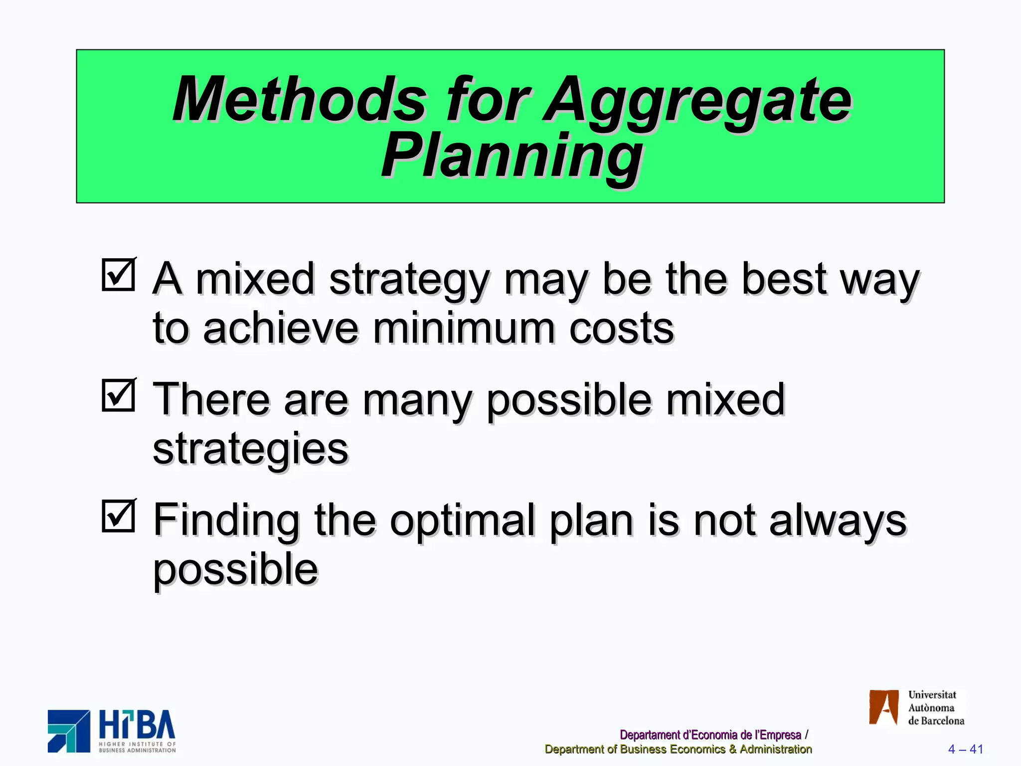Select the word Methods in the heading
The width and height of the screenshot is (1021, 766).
[x=299, y=100]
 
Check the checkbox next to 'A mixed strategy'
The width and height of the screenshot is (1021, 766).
[x=119, y=274]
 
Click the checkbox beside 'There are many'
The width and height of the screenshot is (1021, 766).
[x=119, y=395]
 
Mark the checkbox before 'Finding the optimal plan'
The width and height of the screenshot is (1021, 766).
[x=119, y=516]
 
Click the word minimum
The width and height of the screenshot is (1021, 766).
[x=464, y=329]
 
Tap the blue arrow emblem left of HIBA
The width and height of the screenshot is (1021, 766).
[x=69, y=731]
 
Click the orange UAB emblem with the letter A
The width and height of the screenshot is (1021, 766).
[x=883, y=707]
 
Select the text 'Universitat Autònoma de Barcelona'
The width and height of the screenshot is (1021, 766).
[x=935, y=708]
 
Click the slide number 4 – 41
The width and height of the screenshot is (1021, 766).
[x=965, y=749]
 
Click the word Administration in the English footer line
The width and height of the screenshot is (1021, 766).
[x=775, y=749]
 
